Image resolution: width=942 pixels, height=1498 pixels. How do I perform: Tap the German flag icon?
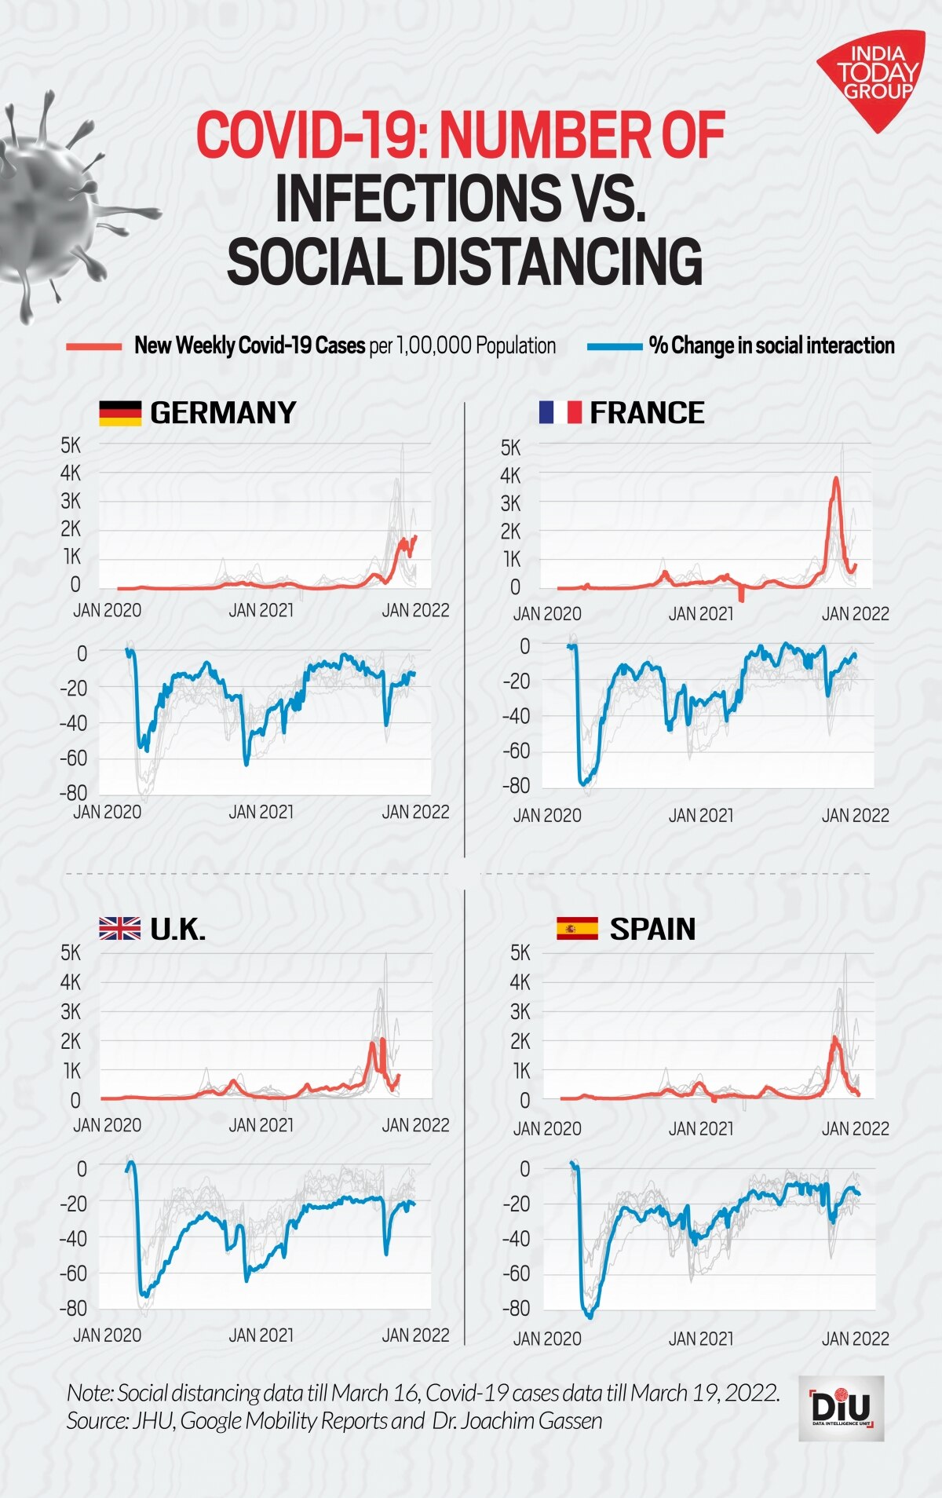tap(120, 413)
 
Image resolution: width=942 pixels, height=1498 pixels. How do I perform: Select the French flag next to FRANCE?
tap(560, 412)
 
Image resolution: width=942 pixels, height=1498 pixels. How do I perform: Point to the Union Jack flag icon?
tap(119, 929)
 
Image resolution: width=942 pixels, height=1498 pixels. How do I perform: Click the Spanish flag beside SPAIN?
tap(577, 929)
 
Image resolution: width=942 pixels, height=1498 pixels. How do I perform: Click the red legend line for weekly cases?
tap(94, 346)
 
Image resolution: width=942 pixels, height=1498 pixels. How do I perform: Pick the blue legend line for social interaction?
tap(614, 346)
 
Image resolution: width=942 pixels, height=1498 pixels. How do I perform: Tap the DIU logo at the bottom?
tap(841, 1408)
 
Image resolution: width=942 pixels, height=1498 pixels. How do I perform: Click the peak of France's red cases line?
tap(836, 478)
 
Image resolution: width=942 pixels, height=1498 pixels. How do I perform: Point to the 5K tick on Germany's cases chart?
tap(71, 445)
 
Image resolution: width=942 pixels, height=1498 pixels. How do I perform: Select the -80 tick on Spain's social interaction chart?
tap(516, 1308)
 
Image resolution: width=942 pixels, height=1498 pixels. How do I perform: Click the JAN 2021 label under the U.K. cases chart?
tap(261, 1125)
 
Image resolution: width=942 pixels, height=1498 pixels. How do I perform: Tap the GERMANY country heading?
tap(223, 413)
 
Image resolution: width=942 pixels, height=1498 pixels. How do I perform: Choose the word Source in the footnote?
tap(97, 1421)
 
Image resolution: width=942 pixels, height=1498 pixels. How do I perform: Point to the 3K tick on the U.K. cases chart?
tap(71, 1011)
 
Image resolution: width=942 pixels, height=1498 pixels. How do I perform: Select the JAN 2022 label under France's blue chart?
tap(855, 816)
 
